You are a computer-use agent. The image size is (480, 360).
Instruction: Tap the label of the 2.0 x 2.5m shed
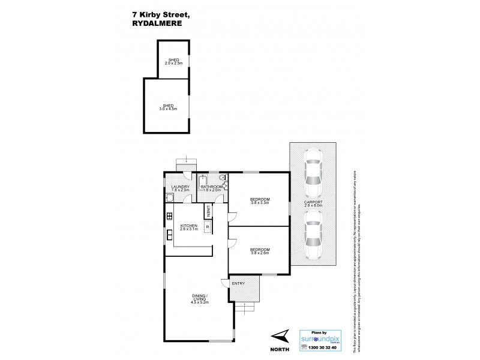pos(174,61)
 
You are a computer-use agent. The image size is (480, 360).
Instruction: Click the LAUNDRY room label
pos(180,188)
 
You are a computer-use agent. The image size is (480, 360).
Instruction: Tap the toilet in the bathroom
pos(223,178)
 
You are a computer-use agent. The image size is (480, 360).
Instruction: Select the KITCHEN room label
pos(189,227)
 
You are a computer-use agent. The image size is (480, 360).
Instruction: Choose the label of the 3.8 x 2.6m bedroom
pos(260,250)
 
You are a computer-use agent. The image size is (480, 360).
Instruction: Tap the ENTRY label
pos(238,283)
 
